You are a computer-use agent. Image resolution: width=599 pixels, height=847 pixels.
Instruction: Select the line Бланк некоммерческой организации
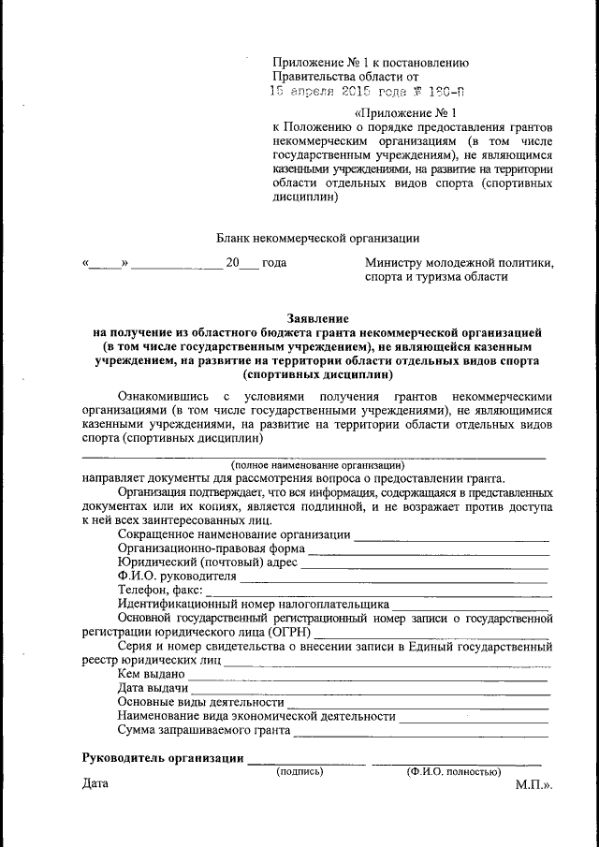coord(317,239)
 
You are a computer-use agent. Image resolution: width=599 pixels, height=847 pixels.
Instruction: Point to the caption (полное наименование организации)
coord(317,464)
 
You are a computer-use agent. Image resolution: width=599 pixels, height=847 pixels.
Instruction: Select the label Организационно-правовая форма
coord(212,548)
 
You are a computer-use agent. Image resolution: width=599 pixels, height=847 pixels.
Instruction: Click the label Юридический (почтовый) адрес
coord(208,562)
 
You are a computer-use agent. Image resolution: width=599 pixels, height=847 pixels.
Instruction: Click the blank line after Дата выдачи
coord(369,689)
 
